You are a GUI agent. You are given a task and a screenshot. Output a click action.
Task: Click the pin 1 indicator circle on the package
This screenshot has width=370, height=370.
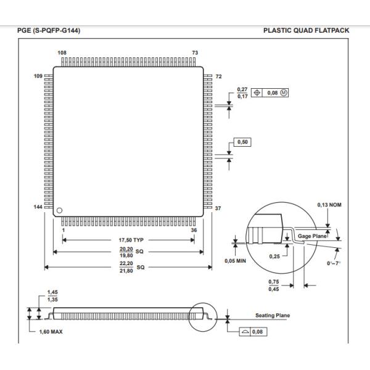pos(60,211)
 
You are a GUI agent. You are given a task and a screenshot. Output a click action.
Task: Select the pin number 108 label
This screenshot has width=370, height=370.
pos(62,53)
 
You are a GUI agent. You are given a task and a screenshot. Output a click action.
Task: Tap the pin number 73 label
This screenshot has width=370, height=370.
pos(195,53)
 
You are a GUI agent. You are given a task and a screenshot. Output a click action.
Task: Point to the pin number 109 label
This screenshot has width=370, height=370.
pos(38,75)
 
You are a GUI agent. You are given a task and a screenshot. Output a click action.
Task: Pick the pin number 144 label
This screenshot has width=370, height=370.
pos(38,207)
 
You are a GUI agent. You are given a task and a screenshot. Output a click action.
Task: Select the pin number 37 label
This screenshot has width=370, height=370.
pos(217,208)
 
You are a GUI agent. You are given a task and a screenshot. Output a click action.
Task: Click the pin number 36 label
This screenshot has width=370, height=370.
pos(194,230)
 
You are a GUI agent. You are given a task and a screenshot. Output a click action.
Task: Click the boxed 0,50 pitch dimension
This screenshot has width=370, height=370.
pos(243,142)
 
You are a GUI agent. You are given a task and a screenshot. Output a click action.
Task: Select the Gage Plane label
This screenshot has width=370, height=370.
pos(311,236)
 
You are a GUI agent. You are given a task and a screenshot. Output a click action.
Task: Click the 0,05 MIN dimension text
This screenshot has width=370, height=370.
pos(234,260)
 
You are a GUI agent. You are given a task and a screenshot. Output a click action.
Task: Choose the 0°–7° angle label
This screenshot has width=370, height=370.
pos(333,263)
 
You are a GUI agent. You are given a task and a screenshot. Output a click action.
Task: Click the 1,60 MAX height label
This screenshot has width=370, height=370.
pos(51,331)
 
